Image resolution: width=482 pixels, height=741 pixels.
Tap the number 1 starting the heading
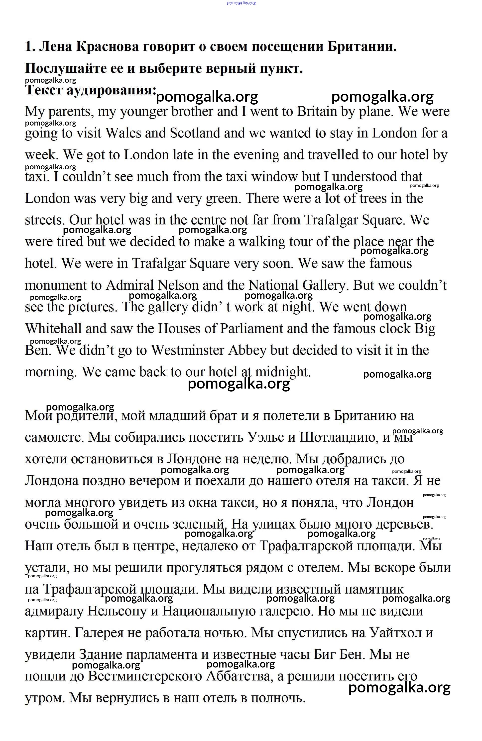[29, 47]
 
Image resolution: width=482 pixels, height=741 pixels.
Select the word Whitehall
[53, 329]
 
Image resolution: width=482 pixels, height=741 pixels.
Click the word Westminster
[188, 350]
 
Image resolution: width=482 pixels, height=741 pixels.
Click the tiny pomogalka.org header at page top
[241, 3]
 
